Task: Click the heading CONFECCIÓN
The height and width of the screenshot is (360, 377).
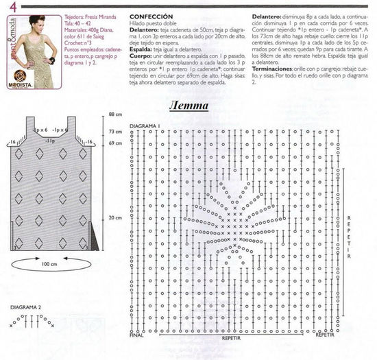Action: (x=147, y=14)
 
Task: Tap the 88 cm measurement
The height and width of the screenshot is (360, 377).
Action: (x=114, y=114)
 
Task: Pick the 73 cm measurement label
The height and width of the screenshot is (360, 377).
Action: (x=114, y=131)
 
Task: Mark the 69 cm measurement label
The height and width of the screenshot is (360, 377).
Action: (x=114, y=143)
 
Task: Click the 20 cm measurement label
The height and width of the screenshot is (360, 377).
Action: (x=114, y=218)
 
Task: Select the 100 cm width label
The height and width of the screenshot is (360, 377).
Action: (x=49, y=263)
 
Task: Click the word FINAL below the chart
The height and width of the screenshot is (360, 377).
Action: (x=136, y=335)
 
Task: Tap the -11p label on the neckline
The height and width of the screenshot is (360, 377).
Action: (x=50, y=140)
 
